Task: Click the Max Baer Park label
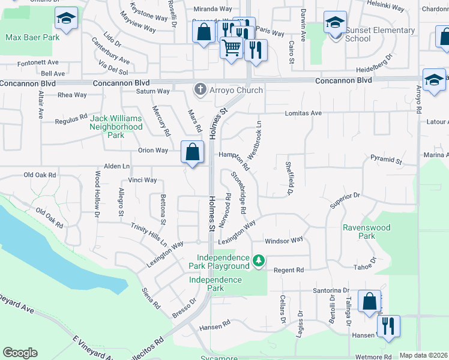point(32,37)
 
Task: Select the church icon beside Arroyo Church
point(199,90)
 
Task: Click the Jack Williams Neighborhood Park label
point(116,127)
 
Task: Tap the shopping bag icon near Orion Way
point(192,152)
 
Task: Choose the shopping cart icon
point(231,47)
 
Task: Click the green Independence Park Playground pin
point(258,260)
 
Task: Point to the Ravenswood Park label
point(366,232)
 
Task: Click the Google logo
point(20,353)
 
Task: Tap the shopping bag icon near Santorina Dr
point(369,301)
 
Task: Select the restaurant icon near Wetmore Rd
point(388,327)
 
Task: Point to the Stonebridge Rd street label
point(239,193)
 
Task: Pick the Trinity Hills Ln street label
point(149,233)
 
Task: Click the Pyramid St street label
point(386,160)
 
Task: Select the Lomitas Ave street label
point(303,113)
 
